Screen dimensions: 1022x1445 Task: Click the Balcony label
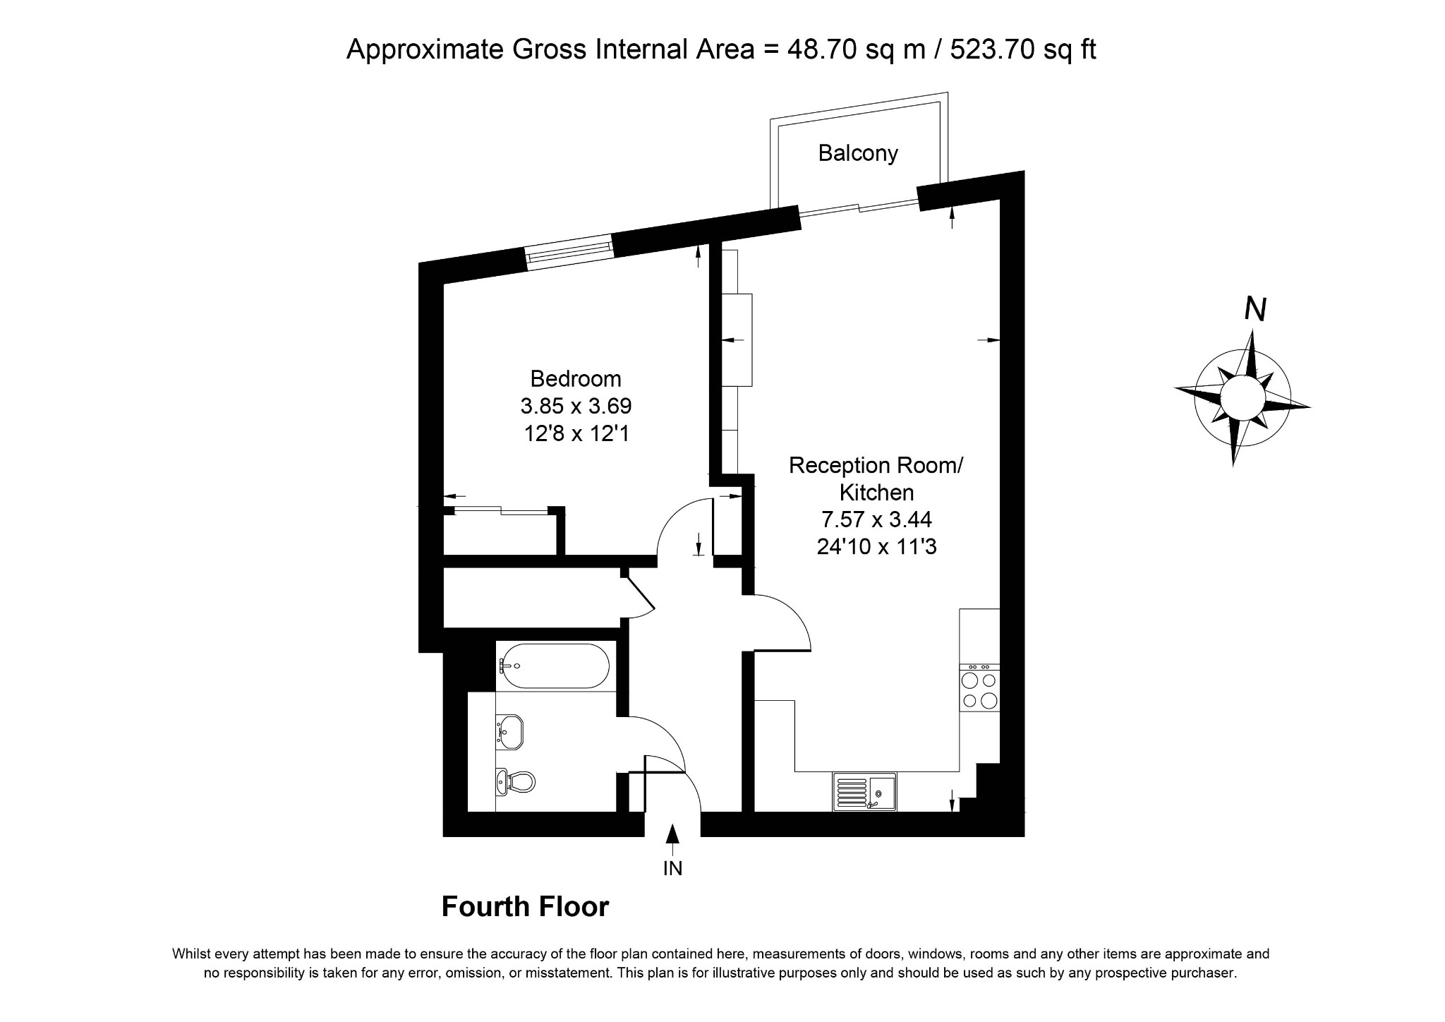[x=857, y=153]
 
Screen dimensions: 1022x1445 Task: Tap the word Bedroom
[x=576, y=379]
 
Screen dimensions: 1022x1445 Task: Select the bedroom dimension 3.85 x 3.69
[x=576, y=406]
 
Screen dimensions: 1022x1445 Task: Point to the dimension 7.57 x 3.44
[x=876, y=519]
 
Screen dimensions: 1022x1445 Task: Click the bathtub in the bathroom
[x=552, y=666]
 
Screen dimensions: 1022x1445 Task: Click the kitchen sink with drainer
[x=864, y=792]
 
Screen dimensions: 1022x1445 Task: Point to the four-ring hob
[x=979, y=690]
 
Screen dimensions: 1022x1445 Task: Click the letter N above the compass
[x=1255, y=309]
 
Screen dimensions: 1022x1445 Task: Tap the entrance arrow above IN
[x=672, y=834]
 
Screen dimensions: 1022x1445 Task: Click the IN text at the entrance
[x=672, y=868]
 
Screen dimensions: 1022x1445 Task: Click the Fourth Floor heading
[x=525, y=907]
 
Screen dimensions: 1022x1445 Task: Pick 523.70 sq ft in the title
[x=1023, y=49]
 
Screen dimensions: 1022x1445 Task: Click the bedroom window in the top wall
[x=569, y=252]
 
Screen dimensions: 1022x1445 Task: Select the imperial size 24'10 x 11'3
[x=876, y=546]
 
